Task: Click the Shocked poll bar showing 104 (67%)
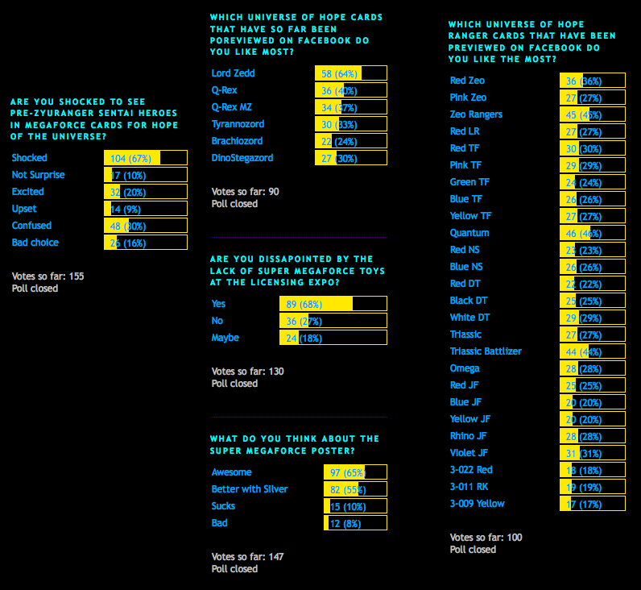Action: [146, 158]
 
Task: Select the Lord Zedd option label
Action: [233, 73]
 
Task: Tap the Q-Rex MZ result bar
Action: [354, 107]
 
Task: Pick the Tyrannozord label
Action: [238, 124]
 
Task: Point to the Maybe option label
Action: [225, 338]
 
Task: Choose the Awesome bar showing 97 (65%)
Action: [355, 472]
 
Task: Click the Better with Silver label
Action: [249, 489]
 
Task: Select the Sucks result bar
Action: [355, 506]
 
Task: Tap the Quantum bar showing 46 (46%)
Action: [593, 233]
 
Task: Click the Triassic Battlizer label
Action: [486, 351]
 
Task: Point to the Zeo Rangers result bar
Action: [593, 114]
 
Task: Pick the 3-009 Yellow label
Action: [477, 504]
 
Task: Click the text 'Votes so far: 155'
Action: [48, 276]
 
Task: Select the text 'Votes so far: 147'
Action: [247, 557]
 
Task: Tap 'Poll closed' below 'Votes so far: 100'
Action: [473, 550]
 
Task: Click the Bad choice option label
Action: [35, 243]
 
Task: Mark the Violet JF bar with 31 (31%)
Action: [593, 453]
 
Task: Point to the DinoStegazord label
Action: [242, 158]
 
